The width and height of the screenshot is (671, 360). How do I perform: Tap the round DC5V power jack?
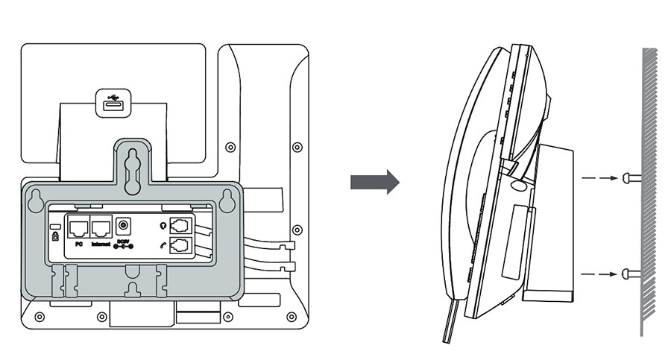coord(125,224)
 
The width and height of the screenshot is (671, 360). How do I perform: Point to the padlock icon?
coord(54,236)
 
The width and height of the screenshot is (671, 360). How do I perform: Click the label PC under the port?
coord(78,243)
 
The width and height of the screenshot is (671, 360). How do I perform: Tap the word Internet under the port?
coord(101,243)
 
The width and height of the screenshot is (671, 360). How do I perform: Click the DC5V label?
coord(123,242)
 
